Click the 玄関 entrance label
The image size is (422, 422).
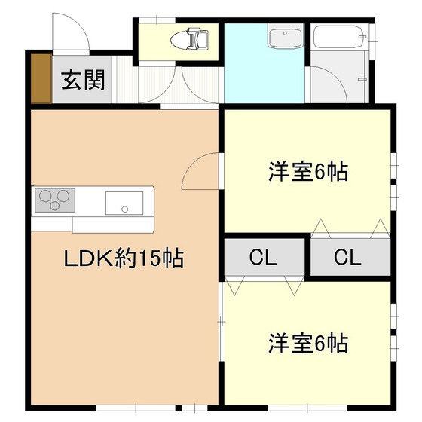83,78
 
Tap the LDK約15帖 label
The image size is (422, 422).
124,260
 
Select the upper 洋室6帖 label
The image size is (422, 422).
307,172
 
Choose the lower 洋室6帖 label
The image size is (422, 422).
307,344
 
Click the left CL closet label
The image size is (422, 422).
263,258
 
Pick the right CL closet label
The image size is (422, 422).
347,258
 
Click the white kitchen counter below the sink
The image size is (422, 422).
113,225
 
